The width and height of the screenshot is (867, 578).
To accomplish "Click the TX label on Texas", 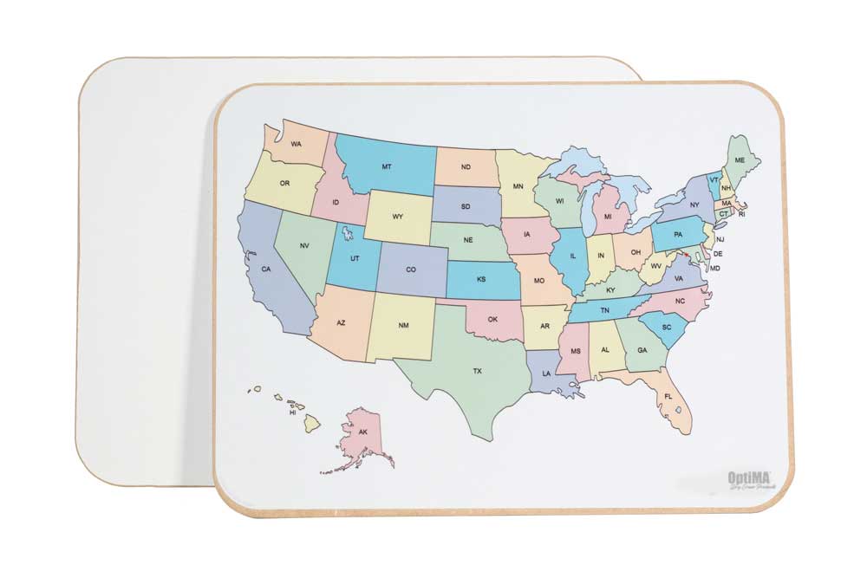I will [x=477, y=371].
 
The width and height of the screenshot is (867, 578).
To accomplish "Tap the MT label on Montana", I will [x=387, y=166].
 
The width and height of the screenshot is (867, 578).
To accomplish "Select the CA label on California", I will [x=266, y=269].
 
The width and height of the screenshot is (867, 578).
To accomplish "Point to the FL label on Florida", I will [x=668, y=396].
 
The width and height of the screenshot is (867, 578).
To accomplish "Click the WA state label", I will [x=297, y=144].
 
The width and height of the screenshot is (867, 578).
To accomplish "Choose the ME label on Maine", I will [x=740, y=160].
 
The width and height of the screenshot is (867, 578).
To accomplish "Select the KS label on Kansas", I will [x=481, y=279].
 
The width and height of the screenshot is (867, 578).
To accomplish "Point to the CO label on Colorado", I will [x=411, y=270].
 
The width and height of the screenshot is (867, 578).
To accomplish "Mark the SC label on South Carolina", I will [x=667, y=327].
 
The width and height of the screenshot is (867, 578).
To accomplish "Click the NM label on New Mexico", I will [x=403, y=326].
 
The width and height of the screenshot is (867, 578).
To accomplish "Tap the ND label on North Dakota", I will [x=466, y=167].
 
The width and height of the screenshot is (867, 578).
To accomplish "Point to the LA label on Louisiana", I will [x=546, y=373].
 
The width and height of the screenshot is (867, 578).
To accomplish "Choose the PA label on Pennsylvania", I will [x=678, y=233].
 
